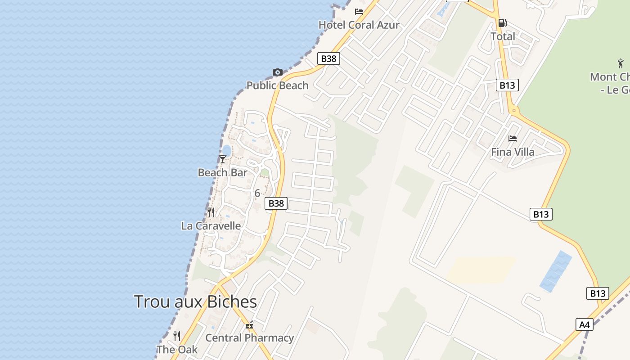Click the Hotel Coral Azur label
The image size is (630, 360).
pos(359,25)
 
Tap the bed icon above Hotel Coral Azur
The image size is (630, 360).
pos(359,11)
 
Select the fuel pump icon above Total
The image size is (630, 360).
pos(502,22)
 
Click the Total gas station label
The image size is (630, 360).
pos(503,36)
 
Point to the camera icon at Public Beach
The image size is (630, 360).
pos(277,72)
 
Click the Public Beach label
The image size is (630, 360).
pos(277,85)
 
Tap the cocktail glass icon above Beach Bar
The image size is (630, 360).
pos(222,159)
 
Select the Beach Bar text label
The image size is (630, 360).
pos(222,172)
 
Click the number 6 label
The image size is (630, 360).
pos(257,193)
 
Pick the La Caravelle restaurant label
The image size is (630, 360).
pos(211,226)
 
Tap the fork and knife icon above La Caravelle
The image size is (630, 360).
pos(211,212)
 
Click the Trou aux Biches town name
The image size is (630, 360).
pos(195,301)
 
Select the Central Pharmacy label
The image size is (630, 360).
pos(249,337)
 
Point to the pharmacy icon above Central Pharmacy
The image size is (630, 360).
pos(249,325)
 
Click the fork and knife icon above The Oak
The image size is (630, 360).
pos(177,336)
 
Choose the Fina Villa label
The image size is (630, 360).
pos(513,152)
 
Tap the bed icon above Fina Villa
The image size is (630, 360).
pos(512,139)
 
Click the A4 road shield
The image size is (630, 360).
pos(584,324)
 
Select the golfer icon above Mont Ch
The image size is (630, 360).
pos(621,63)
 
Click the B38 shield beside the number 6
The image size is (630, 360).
pos(276,203)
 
